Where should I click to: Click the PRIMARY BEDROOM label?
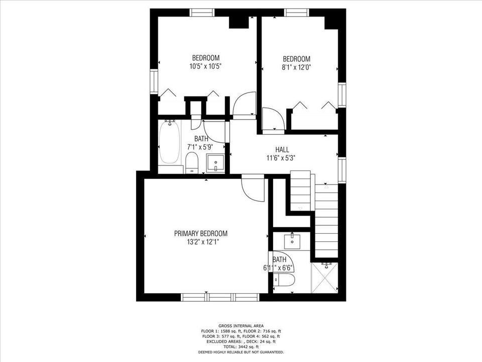click(200, 233)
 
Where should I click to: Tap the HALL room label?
click(281, 149)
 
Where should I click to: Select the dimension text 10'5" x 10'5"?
click(206, 66)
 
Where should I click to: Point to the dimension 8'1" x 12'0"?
click(296, 67)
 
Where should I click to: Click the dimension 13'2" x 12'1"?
click(200, 242)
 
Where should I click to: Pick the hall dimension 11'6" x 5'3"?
click(281, 157)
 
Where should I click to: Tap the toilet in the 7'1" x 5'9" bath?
click(191, 163)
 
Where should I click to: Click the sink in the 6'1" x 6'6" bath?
click(292, 241)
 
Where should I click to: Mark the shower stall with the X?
click(324, 278)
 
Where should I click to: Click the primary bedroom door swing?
click(252, 188)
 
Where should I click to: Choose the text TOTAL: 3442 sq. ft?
click(240, 346)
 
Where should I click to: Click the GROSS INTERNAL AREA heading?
click(240, 326)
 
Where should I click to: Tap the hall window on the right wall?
click(342, 169)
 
